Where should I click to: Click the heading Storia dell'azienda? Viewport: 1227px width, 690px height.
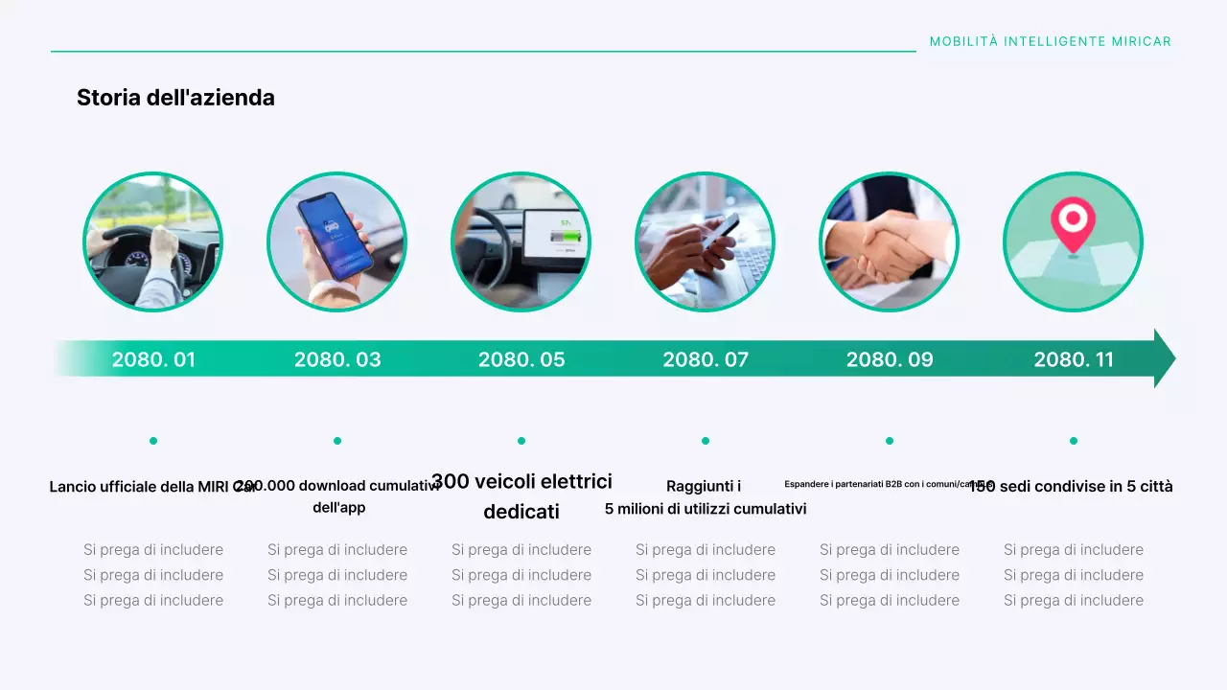click(175, 98)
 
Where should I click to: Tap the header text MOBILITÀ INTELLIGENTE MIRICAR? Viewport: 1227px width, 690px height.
click(1051, 42)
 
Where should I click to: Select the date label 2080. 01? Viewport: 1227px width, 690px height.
click(153, 359)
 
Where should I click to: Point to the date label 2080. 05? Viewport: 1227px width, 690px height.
click(521, 359)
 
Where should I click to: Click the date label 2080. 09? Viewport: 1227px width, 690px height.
click(890, 359)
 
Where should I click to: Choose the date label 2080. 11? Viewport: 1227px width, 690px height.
click(1074, 359)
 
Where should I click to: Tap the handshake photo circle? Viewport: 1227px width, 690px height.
click(889, 242)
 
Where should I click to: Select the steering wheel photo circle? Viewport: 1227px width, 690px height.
click(153, 242)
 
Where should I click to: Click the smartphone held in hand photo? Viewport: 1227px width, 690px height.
click(337, 242)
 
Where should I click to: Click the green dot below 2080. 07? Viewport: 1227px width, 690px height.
click(706, 441)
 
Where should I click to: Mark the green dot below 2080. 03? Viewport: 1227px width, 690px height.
click(337, 441)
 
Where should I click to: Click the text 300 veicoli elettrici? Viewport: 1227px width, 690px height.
click(521, 481)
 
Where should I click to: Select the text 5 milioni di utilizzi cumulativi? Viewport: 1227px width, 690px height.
click(706, 509)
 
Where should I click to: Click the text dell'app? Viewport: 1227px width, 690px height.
click(338, 507)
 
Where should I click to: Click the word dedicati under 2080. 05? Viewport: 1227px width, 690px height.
click(521, 512)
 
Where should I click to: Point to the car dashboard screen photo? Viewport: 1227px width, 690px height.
click(521, 242)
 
